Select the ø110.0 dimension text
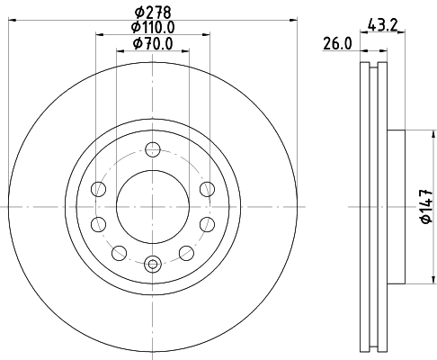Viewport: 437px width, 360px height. click(153, 27)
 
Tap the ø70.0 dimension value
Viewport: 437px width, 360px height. click(153, 43)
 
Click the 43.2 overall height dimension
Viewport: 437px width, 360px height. click(383, 25)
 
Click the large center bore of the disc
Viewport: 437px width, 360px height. click(153, 206)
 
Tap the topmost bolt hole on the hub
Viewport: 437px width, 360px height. click(153, 149)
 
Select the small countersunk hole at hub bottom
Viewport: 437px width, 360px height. click(153, 264)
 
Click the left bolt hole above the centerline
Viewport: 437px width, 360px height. click(99, 188)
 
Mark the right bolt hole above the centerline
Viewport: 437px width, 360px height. click(207, 188)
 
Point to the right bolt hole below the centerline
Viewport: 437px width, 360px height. click(207, 224)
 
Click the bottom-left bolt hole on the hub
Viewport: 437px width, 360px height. click(120, 253)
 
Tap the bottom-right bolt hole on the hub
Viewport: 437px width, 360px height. click(186, 253)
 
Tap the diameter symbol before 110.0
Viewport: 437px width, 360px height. click(134, 27)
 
